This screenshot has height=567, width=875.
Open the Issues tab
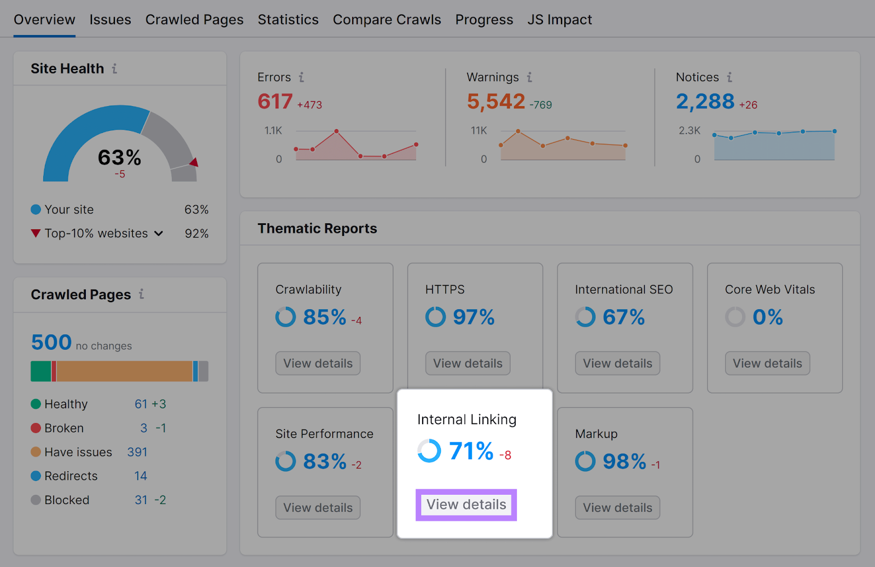pyautogui.click(x=110, y=20)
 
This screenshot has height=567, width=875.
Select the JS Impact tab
pyautogui.click(x=559, y=20)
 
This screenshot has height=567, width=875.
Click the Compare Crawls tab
pyautogui.click(x=387, y=20)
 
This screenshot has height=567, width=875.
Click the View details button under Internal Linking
pyautogui.click(x=466, y=505)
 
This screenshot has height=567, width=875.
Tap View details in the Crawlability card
pyautogui.click(x=318, y=363)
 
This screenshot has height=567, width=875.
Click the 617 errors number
pyautogui.click(x=275, y=102)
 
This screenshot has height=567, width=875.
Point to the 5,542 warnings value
pyautogui.click(x=495, y=102)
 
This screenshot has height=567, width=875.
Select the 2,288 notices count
pyautogui.click(x=705, y=102)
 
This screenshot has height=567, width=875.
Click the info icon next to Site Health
pyautogui.click(x=114, y=69)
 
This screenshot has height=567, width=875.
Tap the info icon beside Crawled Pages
pyautogui.click(x=141, y=294)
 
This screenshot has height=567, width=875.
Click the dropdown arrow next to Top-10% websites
pyautogui.click(x=159, y=234)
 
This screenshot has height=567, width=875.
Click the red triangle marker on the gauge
pyautogui.click(x=194, y=163)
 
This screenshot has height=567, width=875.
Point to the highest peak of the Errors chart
pyautogui.click(x=336, y=131)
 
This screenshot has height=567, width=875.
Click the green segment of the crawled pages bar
pyautogui.click(x=40, y=371)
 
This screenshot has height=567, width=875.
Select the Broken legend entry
pyautogui.click(x=64, y=428)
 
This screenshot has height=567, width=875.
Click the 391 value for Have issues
pyautogui.click(x=137, y=452)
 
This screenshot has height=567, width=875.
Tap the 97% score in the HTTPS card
pyautogui.click(x=474, y=317)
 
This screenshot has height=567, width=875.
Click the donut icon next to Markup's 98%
pyautogui.click(x=585, y=461)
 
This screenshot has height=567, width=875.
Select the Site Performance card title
pyautogui.click(x=324, y=434)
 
